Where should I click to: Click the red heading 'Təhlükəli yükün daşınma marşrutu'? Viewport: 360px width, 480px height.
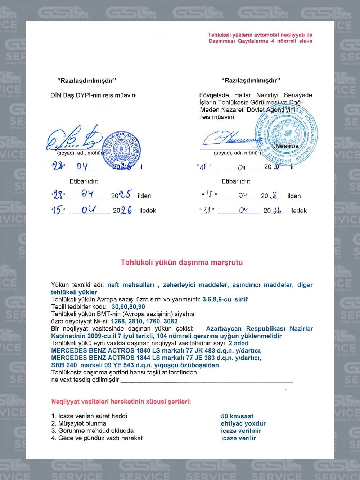pos(181,262)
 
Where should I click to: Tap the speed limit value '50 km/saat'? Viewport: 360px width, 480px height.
pos(237,416)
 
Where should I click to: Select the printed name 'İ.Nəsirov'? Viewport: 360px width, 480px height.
pos(285,146)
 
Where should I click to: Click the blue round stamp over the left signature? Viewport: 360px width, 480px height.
pos(121,149)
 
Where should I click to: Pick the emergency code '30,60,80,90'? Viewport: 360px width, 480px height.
pos(128,307)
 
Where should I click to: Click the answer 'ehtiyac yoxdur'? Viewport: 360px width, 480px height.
pos(243,423)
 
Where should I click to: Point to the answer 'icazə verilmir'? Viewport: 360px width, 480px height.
pos(241,431)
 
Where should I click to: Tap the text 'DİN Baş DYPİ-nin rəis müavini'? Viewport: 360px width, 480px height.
pos(94,95)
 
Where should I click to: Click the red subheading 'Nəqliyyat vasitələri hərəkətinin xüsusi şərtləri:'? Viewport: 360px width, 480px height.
pos(121,402)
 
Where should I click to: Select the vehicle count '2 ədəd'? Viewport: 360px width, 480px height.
pos(238,343)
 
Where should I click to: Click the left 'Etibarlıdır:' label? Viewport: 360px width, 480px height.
pos(84,181)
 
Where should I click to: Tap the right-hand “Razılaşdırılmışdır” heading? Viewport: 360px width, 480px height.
pos(251,80)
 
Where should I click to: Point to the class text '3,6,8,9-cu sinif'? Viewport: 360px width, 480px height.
pos(225,299)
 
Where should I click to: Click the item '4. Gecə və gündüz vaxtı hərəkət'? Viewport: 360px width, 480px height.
pos(97,438)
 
